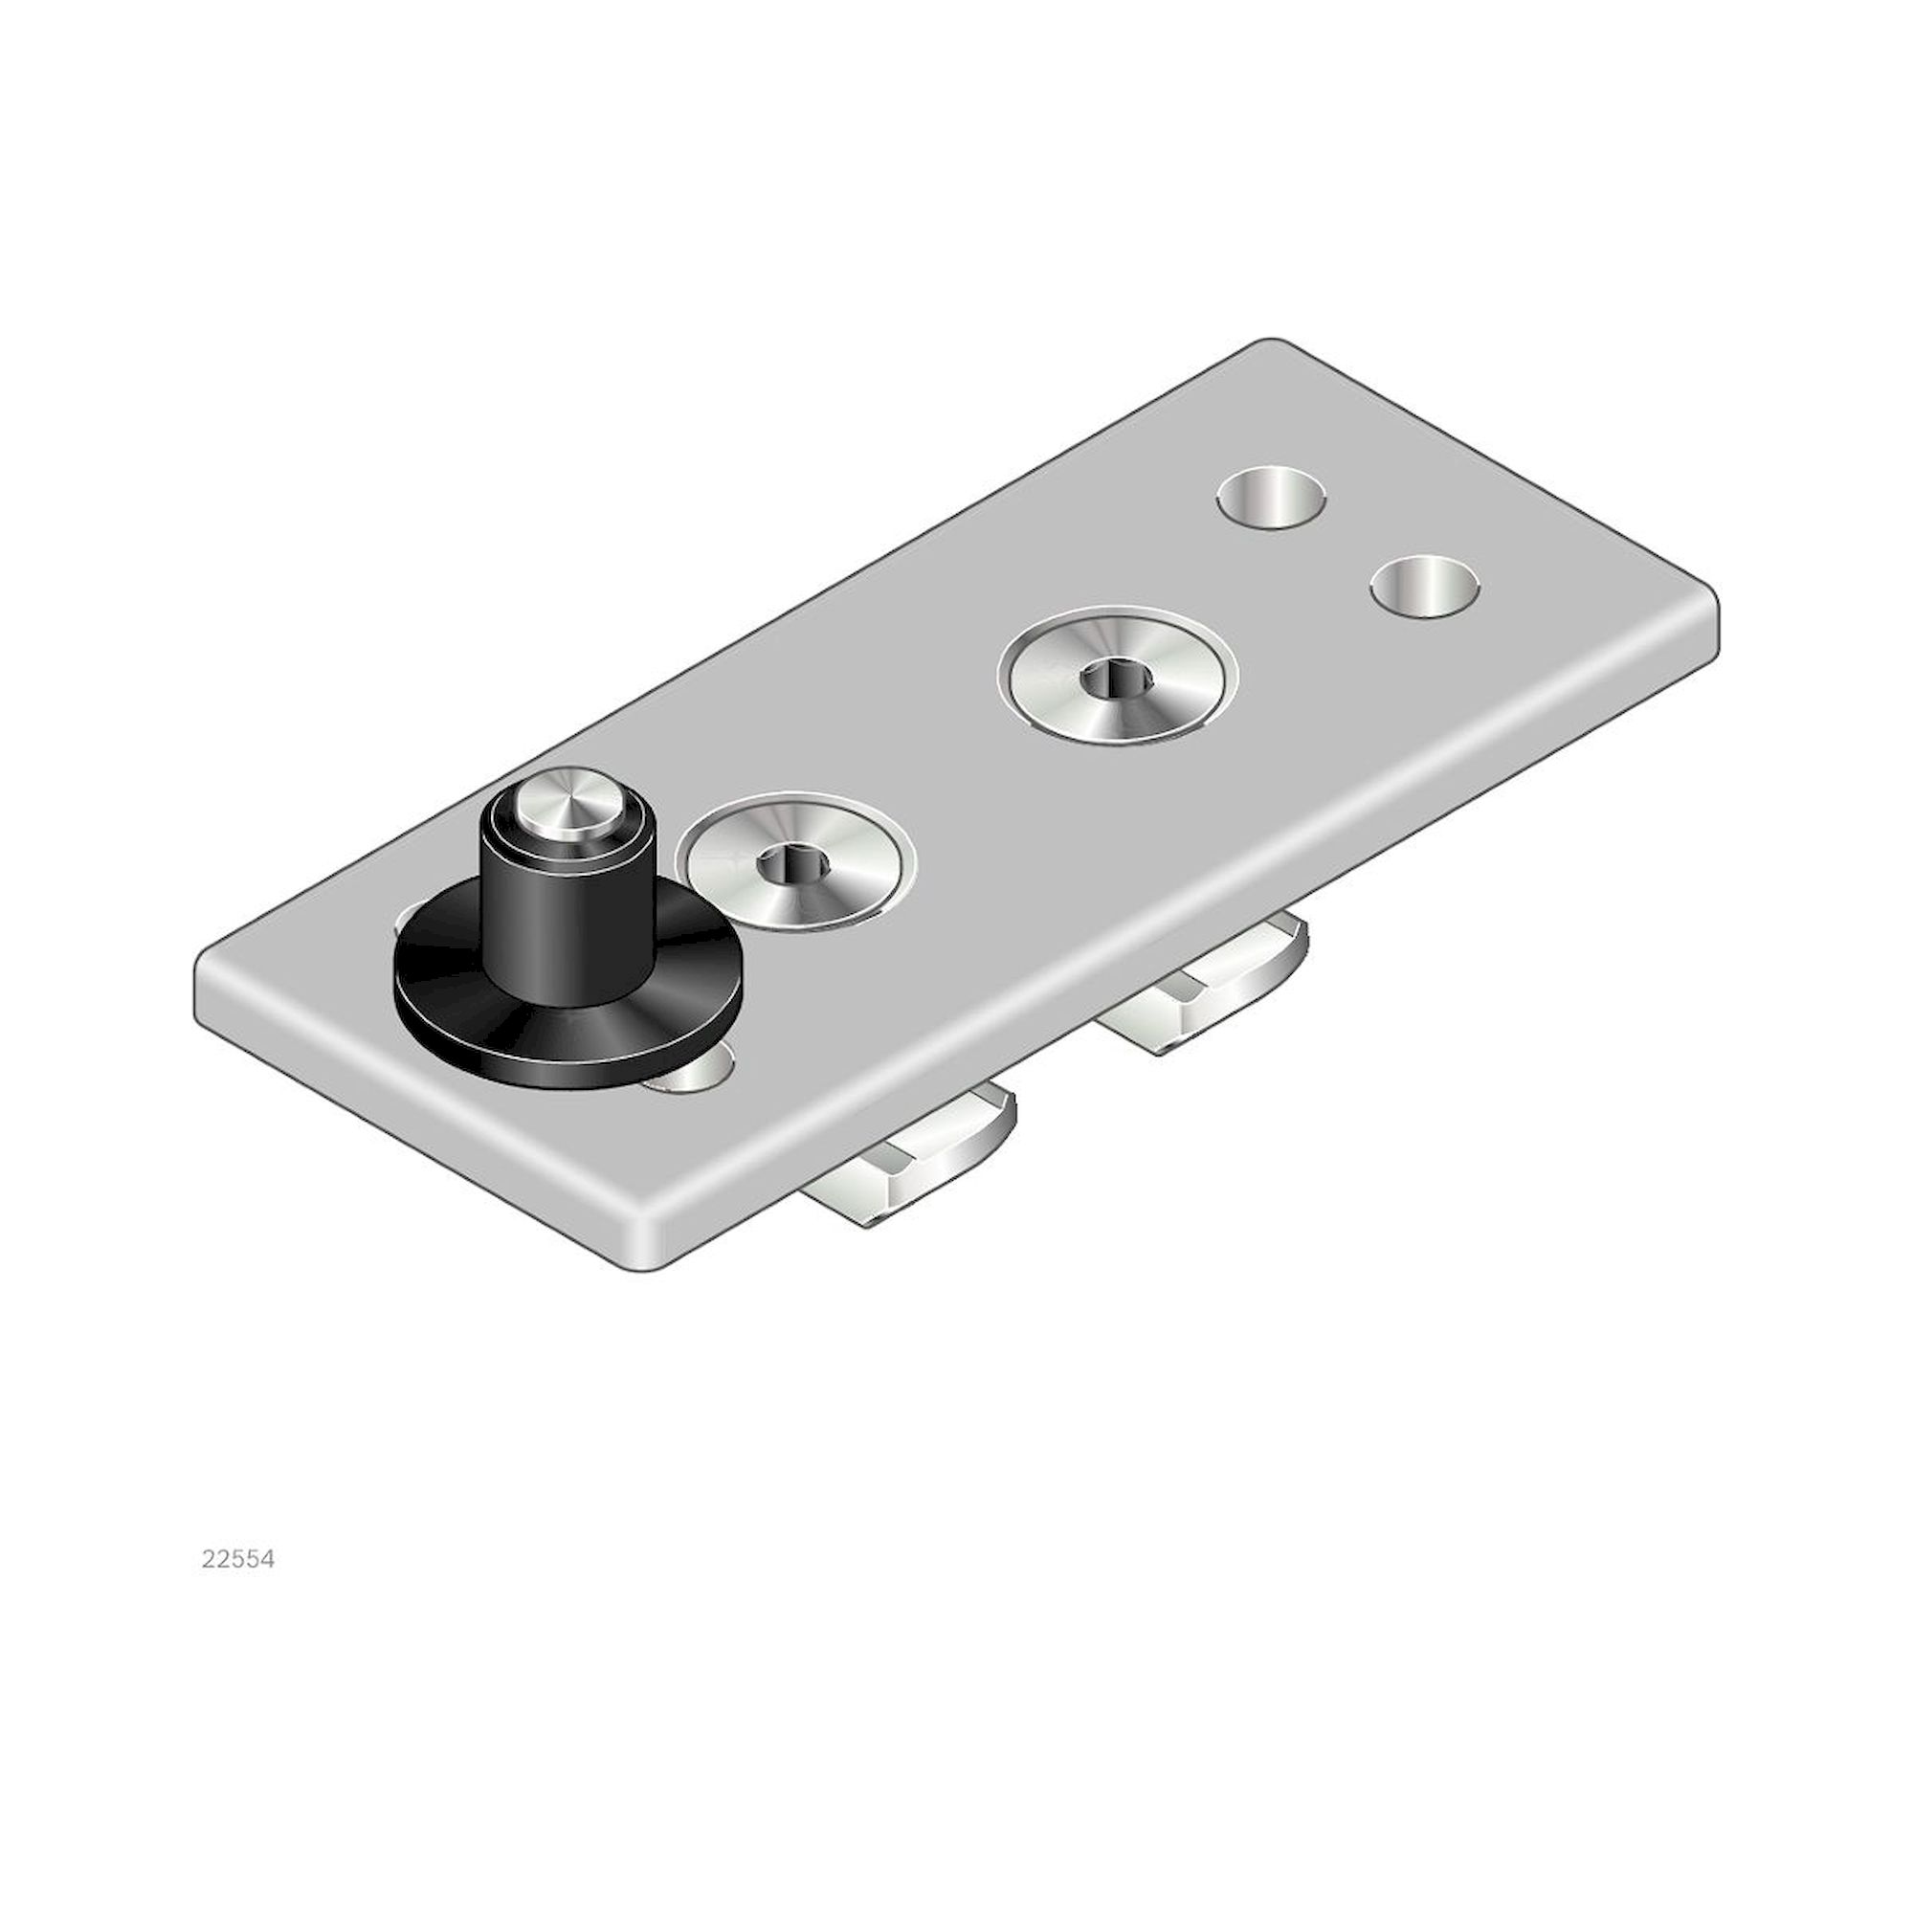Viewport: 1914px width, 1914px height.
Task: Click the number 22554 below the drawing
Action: point(237,1559)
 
